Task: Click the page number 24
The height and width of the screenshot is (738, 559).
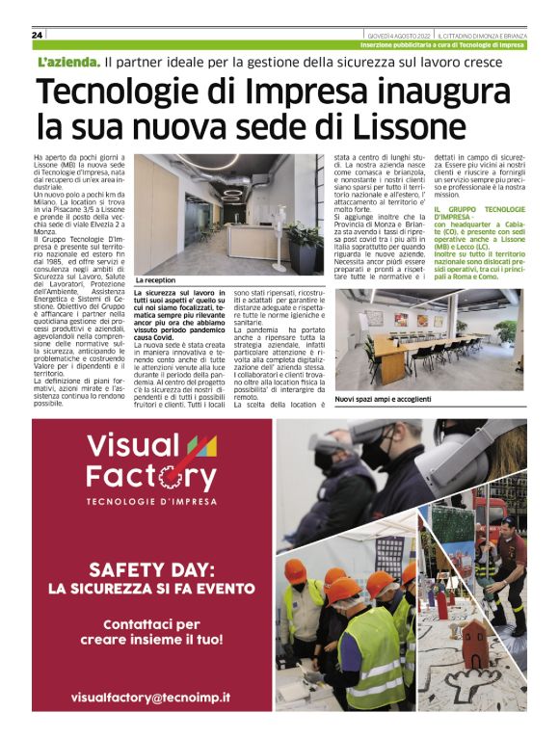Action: click(37, 35)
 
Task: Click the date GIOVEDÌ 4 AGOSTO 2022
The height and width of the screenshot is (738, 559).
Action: click(392, 35)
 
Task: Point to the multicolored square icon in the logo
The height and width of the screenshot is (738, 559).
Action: click(199, 445)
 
